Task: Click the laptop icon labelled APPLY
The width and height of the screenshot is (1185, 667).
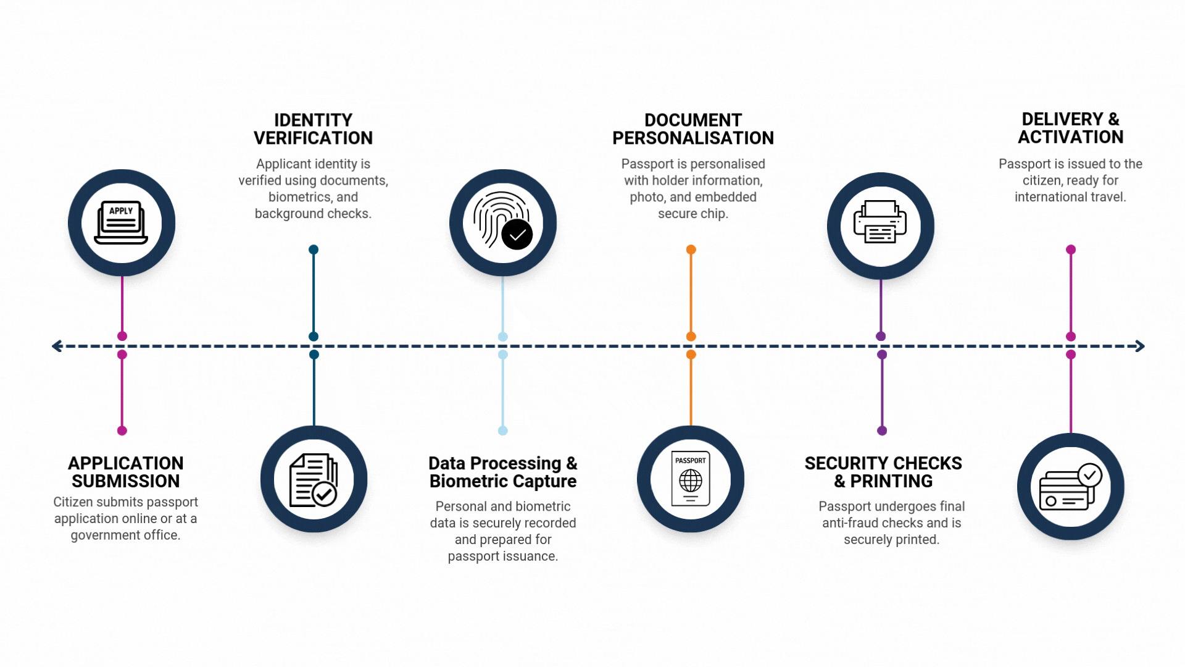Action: tap(121, 222)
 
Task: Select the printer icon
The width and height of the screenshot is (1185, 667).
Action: tap(880, 222)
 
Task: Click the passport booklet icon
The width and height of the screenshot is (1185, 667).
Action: tap(691, 479)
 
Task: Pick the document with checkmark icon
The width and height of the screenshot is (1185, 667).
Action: tap(314, 480)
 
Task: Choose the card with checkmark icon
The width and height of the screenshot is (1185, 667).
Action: tap(1070, 487)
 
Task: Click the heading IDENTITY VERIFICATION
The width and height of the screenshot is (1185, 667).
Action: tap(313, 129)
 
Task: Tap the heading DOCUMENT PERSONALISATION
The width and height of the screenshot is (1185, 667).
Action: tap(692, 129)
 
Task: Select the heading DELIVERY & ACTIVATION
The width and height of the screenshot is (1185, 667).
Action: tap(1070, 128)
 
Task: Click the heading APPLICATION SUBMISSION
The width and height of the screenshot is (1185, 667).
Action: tap(125, 472)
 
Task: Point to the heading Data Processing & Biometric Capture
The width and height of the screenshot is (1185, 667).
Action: tap(502, 472)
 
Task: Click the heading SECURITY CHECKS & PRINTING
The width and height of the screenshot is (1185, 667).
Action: tap(883, 472)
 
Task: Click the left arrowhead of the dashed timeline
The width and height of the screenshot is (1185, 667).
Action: tap(57, 346)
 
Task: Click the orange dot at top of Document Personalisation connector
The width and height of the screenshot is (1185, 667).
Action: tap(691, 250)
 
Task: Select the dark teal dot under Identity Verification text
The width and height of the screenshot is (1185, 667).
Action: tap(314, 250)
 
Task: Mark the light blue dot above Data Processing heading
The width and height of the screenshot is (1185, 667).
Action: tap(502, 430)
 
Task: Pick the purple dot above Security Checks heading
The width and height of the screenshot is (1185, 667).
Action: tap(881, 430)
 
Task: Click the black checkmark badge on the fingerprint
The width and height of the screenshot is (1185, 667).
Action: tap(517, 235)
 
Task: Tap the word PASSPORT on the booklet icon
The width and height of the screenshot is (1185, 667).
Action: tap(690, 461)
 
